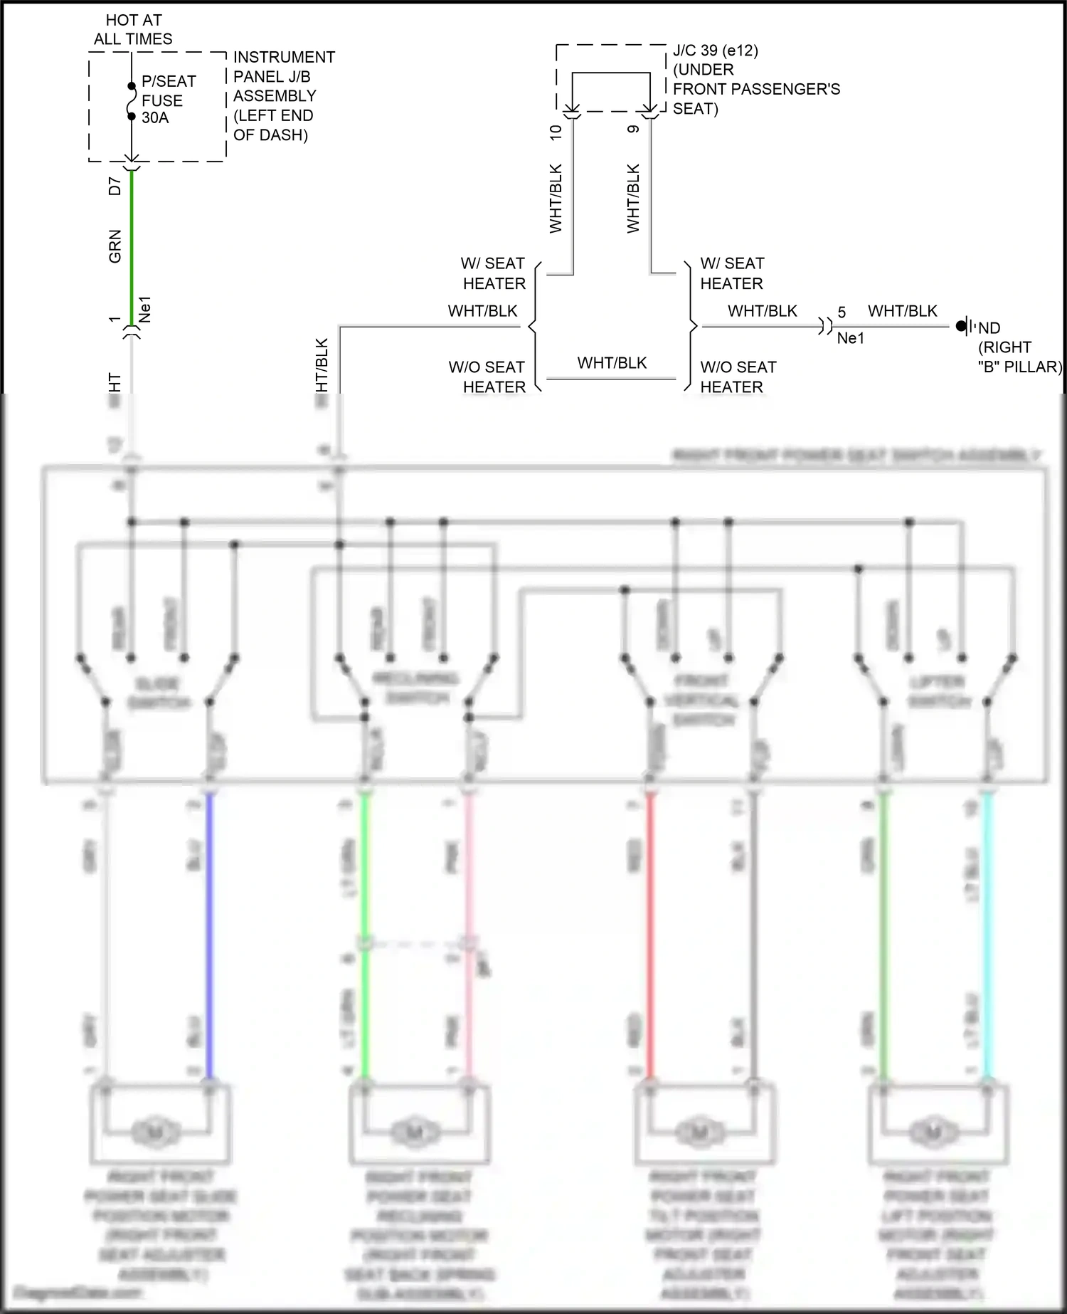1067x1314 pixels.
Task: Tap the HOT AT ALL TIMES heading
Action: point(133,30)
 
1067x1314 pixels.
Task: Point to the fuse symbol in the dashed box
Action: point(132,101)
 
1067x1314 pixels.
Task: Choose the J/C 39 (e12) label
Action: point(715,51)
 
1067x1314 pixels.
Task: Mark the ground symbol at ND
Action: point(963,327)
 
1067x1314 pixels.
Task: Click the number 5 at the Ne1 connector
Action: point(842,312)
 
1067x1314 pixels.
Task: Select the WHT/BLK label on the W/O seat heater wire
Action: point(612,363)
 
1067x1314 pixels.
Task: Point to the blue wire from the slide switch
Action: point(209,932)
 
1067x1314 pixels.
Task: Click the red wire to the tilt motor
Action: point(649,932)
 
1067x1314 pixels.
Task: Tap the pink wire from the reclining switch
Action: point(468,890)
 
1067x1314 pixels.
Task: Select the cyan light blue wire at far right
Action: point(987,932)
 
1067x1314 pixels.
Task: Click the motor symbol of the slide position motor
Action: point(155,1131)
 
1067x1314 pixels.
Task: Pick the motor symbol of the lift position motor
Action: point(934,1130)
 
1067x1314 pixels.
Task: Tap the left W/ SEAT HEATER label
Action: point(493,273)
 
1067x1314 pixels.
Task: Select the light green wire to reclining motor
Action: point(364,890)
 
